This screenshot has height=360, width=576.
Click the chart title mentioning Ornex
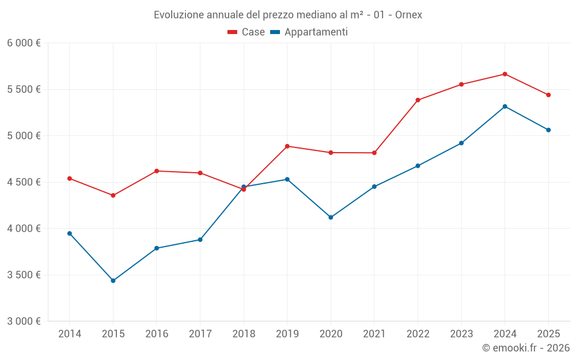pos(287,15)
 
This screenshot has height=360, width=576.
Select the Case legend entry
pos(247,32)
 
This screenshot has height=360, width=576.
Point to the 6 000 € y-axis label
pos(24,43)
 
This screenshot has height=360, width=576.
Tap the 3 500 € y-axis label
pos(24,275)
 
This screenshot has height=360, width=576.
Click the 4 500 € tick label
pos(24,182)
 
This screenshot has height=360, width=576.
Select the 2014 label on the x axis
pos(70,334)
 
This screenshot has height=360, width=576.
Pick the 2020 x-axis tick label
pos(331,334)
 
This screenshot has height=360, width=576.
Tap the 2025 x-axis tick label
pos(548,334)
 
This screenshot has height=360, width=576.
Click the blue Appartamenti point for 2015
pos(113,281)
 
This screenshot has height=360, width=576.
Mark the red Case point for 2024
pos(505,74)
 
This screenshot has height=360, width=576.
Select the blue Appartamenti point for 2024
pos(505,107)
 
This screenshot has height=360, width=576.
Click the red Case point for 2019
pos(287,146)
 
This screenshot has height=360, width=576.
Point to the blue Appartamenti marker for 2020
pos(331,217)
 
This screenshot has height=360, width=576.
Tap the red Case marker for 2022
pos(418,100)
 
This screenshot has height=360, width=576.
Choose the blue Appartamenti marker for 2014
pos(70,233)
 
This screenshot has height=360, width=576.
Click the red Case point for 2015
pos(113,195)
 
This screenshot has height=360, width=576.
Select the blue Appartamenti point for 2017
pos(200,240)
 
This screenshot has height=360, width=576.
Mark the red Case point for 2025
pos(548,95)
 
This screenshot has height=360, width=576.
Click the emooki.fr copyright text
pos(525,348)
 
